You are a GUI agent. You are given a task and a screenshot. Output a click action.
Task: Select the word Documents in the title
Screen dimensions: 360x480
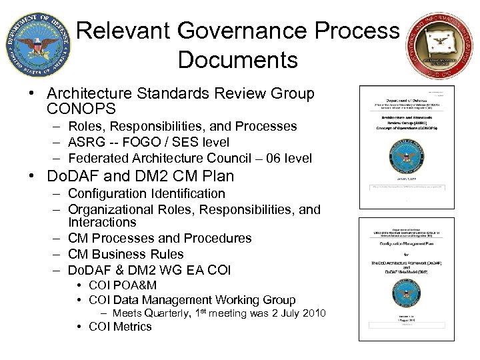237,60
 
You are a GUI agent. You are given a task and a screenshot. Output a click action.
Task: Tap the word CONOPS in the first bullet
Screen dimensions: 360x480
81,108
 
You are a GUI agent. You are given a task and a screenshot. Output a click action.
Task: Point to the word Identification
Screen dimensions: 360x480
184,193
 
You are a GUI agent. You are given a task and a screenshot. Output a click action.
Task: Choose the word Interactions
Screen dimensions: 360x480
102,222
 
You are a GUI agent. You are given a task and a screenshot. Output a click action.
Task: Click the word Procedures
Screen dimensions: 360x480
217,238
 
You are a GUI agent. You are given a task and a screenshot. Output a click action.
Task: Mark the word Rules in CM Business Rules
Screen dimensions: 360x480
167,254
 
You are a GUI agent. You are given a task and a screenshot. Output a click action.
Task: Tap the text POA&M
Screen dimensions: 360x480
134,285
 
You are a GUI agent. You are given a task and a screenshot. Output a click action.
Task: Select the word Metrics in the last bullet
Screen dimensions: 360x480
132,327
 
